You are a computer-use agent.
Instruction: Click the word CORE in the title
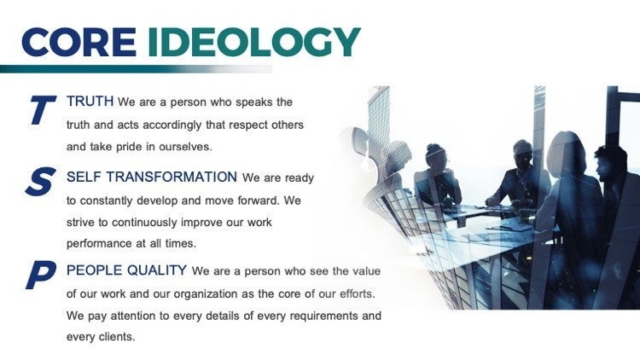tap(79, 42)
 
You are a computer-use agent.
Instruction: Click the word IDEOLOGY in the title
tap(254, 42)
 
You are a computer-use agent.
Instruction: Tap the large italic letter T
tap(42, 109)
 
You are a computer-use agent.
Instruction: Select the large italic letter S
tap(40, 181)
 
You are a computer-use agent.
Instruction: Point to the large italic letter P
tap(41, 275)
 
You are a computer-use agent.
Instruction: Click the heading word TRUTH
tap(90, 102)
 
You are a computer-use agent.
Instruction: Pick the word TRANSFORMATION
tap(172, 177)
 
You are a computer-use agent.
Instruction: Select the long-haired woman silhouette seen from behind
tap(572, 204)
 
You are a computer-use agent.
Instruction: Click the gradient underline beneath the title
tap(136, 69)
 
